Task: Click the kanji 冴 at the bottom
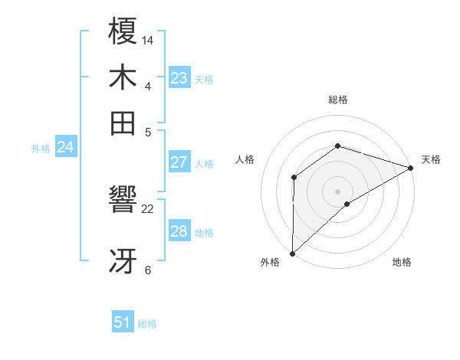pos(123,260)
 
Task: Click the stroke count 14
pos(149,39)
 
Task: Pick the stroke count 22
pos(149,208)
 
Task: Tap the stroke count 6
pos(148,270)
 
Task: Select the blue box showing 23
pos(179,78)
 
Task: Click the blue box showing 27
pos(179,162)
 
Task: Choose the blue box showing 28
pos(179,231)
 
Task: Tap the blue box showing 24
pos(65,147)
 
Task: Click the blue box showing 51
pos(123,322)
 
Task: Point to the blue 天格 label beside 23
pos(204,80)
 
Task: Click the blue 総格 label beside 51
pos(147,324)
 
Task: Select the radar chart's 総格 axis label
pos(337,100)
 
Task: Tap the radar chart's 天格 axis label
pos(431,159)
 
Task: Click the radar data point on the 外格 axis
pos(292,253)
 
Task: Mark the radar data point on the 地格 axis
pos(347,204)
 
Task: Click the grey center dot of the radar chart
pos(337,191)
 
